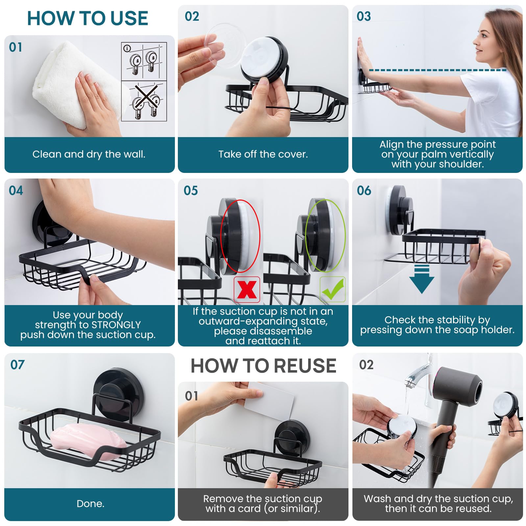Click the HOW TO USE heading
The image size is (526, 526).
87,18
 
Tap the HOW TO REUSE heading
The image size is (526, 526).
263,366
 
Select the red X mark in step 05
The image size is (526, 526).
247,289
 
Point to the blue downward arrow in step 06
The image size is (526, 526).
421,279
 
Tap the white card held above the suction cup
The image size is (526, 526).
269,401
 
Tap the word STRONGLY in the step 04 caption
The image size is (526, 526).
116,325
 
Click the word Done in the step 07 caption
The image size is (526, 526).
90,504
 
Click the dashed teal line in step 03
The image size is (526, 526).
437,70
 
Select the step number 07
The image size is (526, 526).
17,365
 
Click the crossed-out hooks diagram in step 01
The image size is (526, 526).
144,101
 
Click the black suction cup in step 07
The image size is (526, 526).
113,391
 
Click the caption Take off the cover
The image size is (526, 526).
263,154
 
